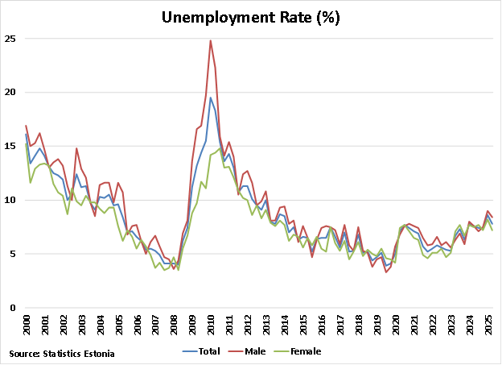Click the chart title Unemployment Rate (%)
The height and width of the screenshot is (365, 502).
(251, 17)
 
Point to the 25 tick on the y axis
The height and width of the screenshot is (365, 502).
(10, 38)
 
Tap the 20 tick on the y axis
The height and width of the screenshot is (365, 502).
(10, 92)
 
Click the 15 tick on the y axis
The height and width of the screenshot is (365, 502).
(10, 146)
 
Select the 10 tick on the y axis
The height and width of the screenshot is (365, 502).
(10, 200)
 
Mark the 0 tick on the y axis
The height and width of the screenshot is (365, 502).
(12, 308)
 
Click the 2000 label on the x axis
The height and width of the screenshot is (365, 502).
(27, 325)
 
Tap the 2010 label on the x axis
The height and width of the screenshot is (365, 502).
(211, 325)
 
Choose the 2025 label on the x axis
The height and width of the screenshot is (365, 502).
(488, 325)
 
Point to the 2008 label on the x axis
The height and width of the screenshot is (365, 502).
(174, 325)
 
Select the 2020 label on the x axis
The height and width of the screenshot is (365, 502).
(396, 325)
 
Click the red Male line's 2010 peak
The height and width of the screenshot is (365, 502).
(211, 40)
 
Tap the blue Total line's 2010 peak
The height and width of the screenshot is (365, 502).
(211, 97)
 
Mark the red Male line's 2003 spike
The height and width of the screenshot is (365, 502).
(77, 148)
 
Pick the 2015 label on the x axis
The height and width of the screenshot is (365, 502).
(303, 325)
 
